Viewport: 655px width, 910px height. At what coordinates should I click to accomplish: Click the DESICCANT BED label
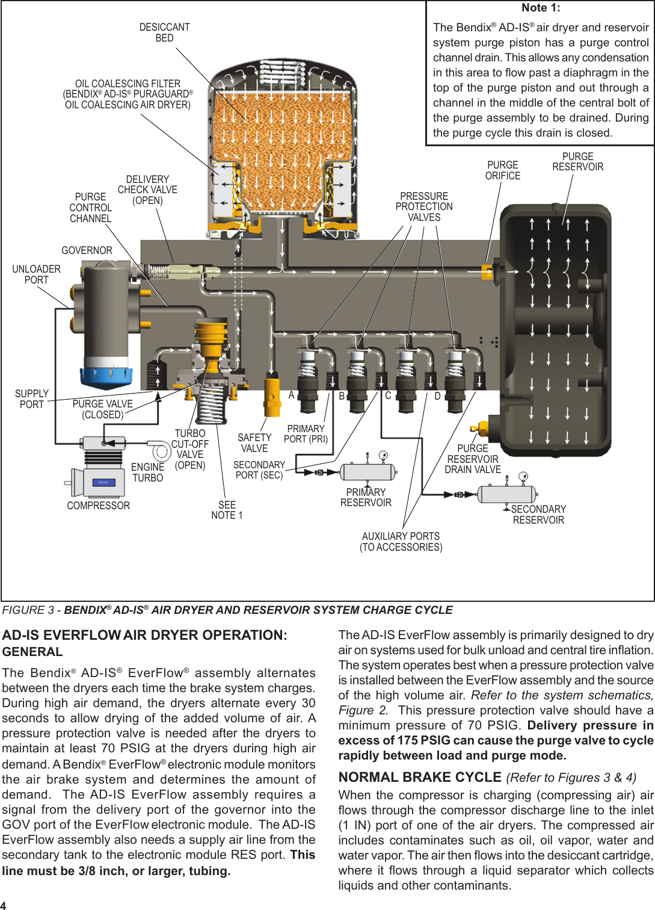pos(164,32)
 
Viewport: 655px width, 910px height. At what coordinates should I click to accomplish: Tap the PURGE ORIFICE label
pos(503,170)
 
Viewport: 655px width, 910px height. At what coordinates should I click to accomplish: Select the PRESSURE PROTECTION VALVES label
pos(424,206)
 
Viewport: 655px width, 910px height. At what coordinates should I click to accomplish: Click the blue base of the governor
pos(106,376)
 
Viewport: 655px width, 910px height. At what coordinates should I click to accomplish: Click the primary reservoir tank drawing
pos(367,472)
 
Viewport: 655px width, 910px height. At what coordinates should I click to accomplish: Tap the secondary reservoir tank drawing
pos(506,494)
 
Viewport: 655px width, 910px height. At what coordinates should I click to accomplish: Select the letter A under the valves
pos(291,395)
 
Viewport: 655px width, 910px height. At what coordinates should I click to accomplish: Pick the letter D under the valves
pos(437,396)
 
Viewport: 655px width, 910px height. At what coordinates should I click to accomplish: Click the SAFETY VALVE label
pos(254,443)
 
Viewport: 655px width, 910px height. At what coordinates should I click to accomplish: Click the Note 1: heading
pos(541,8)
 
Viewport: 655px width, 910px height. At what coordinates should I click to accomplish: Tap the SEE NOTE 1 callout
pos(227,510)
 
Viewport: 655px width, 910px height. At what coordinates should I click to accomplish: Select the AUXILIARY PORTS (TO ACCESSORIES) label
pos(401,542)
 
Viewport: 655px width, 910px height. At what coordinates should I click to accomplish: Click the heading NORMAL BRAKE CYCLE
pos(420,778)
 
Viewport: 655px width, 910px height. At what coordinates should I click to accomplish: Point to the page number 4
pos(4,905)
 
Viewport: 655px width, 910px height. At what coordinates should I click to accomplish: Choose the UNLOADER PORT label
pos(36,274)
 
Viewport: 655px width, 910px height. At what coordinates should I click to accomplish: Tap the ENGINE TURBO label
pos(147,472)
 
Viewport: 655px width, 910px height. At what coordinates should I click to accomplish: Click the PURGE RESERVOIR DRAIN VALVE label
pos(473,459)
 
